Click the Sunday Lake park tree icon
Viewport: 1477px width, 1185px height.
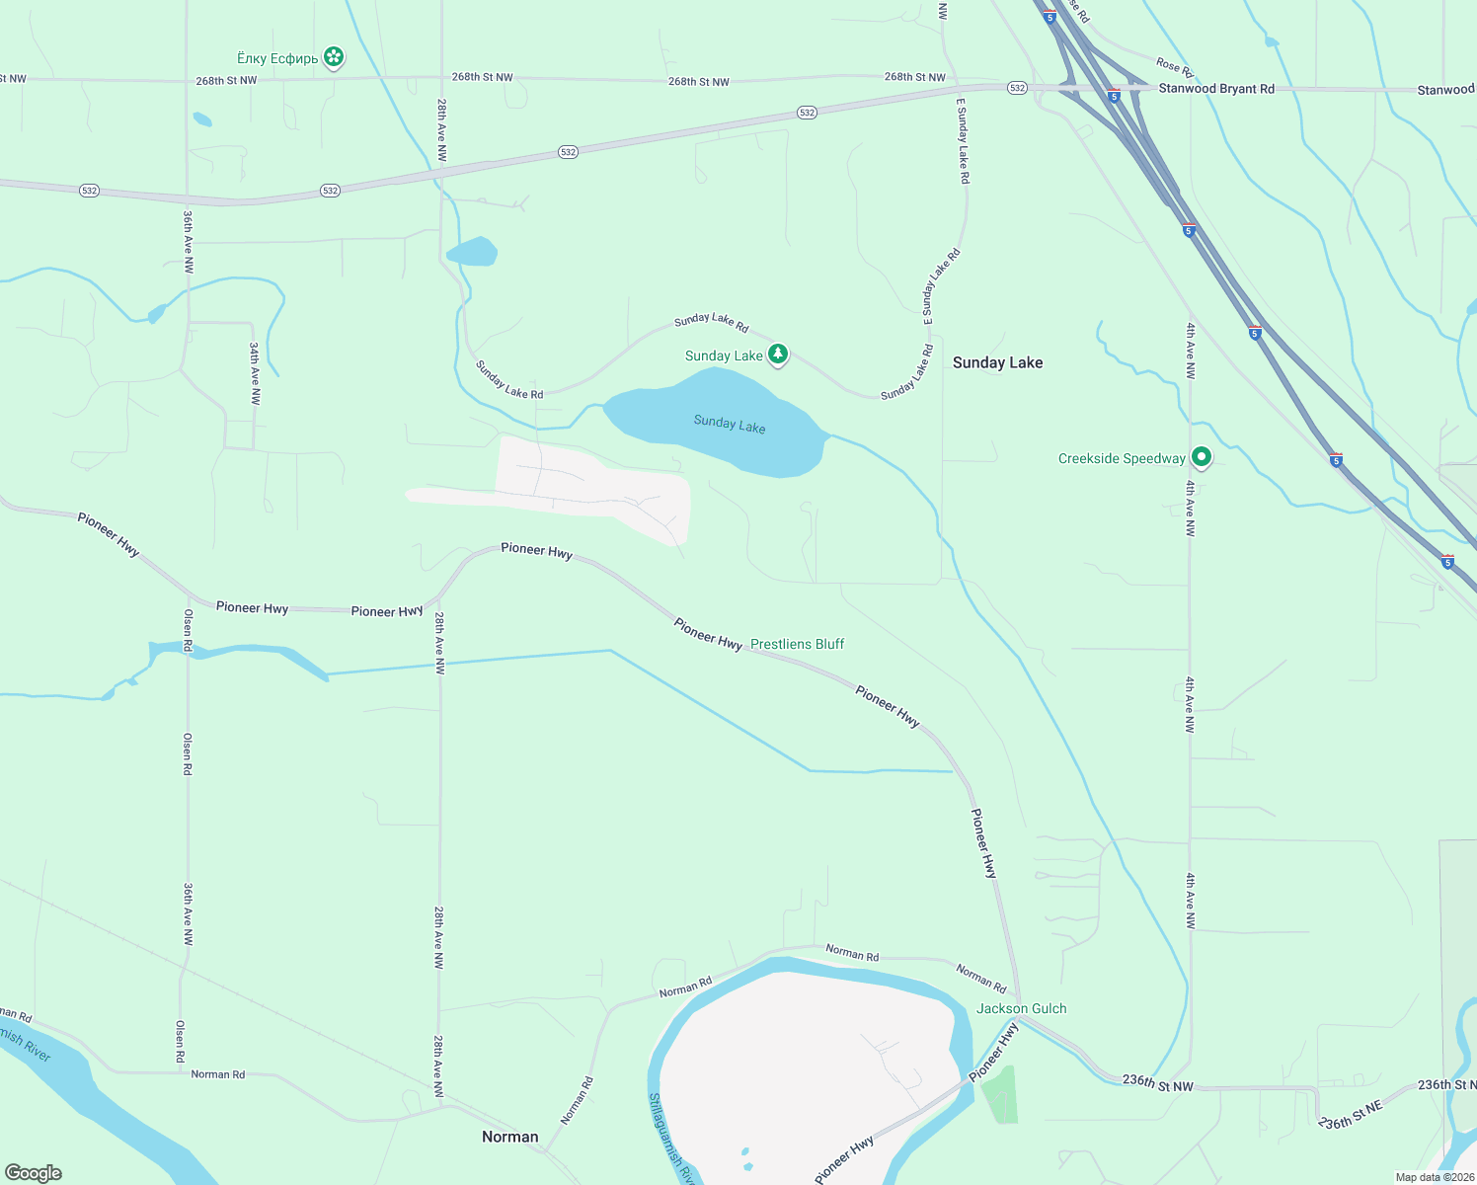click(x=778, y=354)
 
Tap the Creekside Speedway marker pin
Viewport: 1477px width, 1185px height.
click(x=1202, y=457)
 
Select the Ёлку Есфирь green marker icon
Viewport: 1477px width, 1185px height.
click(x=334, y=57)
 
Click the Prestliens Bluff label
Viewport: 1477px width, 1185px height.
click(x=797, y=644)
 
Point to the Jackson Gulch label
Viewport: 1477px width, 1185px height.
click(x=1021, y=1008)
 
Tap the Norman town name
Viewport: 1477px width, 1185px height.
click(x=509, y=1137)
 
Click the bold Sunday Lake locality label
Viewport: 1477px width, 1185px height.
click(x=997, y=362)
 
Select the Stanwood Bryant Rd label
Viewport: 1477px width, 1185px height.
click(x=1215, y=89)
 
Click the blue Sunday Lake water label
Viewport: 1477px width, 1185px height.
click(x=729, y=424)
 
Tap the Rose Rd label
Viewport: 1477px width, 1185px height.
click(x=1174, y=67)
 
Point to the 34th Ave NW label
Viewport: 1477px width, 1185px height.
click(x=255, y=373)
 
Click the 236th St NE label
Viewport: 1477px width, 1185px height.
click(x=1352, y=1116)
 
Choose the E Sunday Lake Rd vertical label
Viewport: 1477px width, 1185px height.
click(x=963, y=140)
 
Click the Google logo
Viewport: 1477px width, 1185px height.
click(x=34, y=1173)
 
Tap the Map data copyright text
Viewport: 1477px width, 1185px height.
click(x=1434, y=1177)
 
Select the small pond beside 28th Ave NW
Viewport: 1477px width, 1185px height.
click(x=472, y=252)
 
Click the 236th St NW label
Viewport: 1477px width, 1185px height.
click(x=1157, y=1083)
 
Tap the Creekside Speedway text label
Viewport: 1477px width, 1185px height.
click(x=1122, y=458)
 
